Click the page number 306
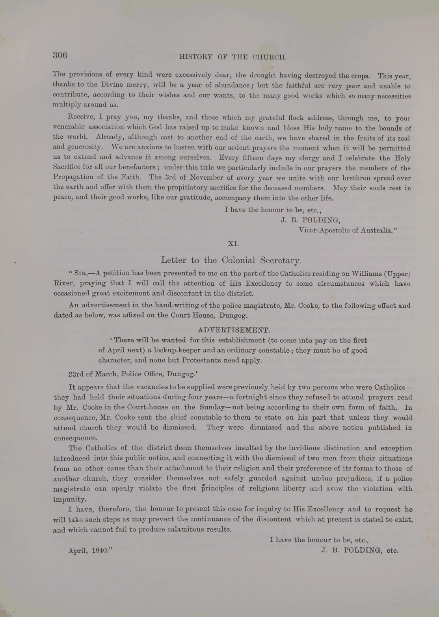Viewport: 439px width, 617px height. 60,55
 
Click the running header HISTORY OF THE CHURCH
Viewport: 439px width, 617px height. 233,57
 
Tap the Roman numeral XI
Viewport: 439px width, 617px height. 233,243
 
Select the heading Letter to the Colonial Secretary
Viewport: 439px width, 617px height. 232,260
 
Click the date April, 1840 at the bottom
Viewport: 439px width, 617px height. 90,550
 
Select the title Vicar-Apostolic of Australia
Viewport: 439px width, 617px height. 347,230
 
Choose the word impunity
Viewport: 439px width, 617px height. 69,499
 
